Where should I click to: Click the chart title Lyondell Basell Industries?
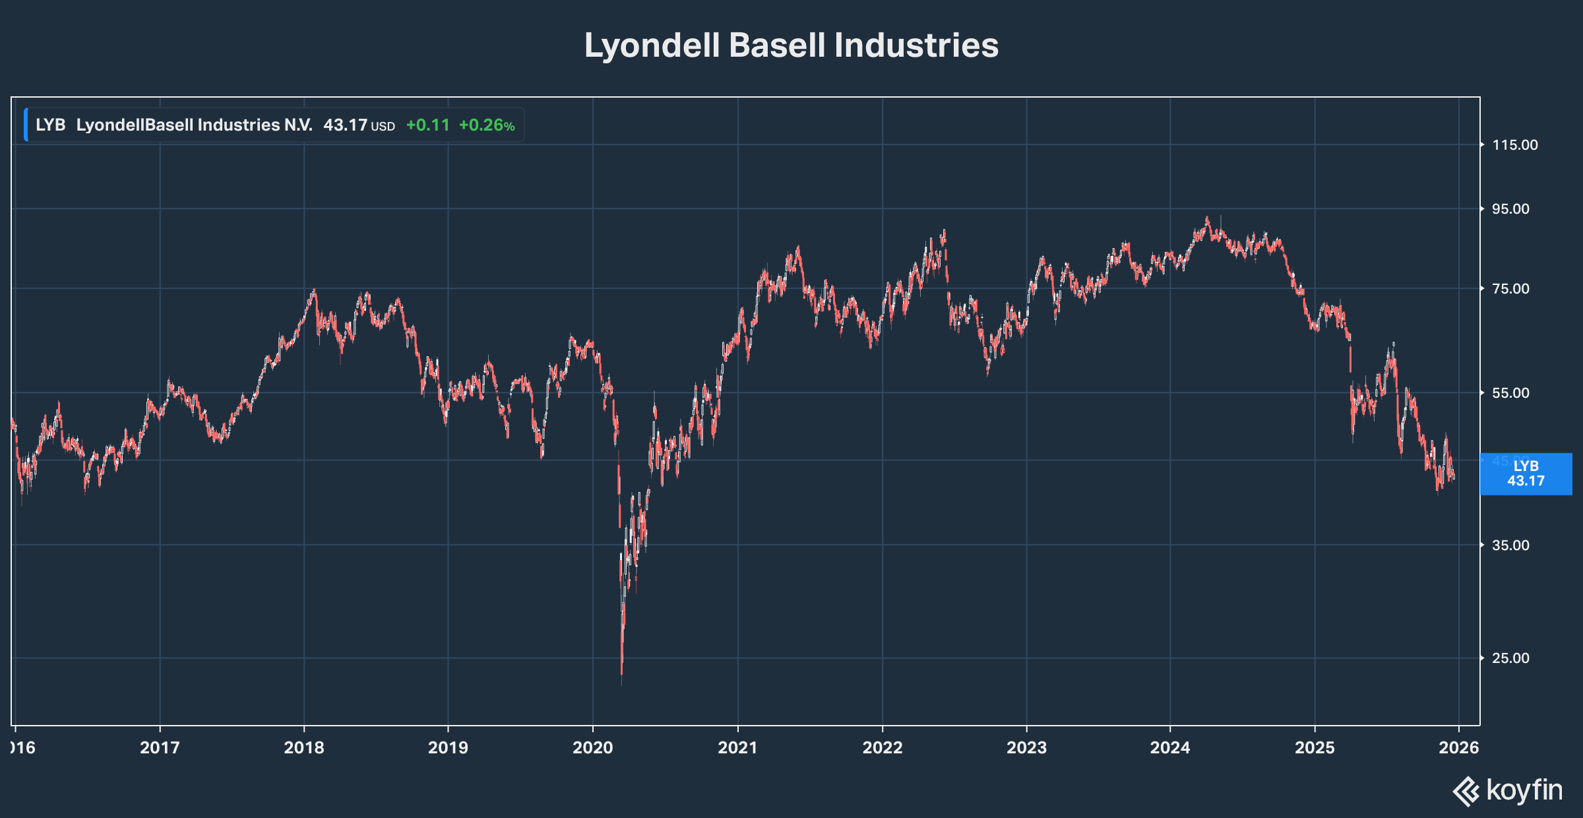click(x=791, y=46)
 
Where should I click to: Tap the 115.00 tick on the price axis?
click(x=1514, y=145)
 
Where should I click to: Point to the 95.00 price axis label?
click(x=1510, y=209)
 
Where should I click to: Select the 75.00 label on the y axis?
click(x=1510, y=289)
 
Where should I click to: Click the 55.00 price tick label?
click(x=1510, y=393)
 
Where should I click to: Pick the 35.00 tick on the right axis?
click(x=1510, y=546)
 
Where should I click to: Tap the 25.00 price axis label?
click(x=1510, y=658)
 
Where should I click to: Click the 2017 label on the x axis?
click(x=160, y=747)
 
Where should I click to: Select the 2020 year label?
click(x=592, y=747)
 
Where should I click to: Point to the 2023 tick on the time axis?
click(x=1026, y=747)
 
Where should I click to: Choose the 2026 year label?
click(x=1458, y=747)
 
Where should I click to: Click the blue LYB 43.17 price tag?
click(x=1526, y=474)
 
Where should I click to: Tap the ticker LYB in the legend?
click(x=50, y=125)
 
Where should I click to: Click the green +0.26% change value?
click(x=487, y=125)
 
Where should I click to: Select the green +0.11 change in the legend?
click(x=427, y=125)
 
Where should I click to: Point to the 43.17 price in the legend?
click(x=345, y=125)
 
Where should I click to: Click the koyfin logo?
click(x=1508, y=790)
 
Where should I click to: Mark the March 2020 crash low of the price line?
click(x=621, y=683)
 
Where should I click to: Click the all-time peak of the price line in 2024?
click(x=1207, y=217)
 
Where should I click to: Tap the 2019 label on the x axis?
click(x=448, y=747)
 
